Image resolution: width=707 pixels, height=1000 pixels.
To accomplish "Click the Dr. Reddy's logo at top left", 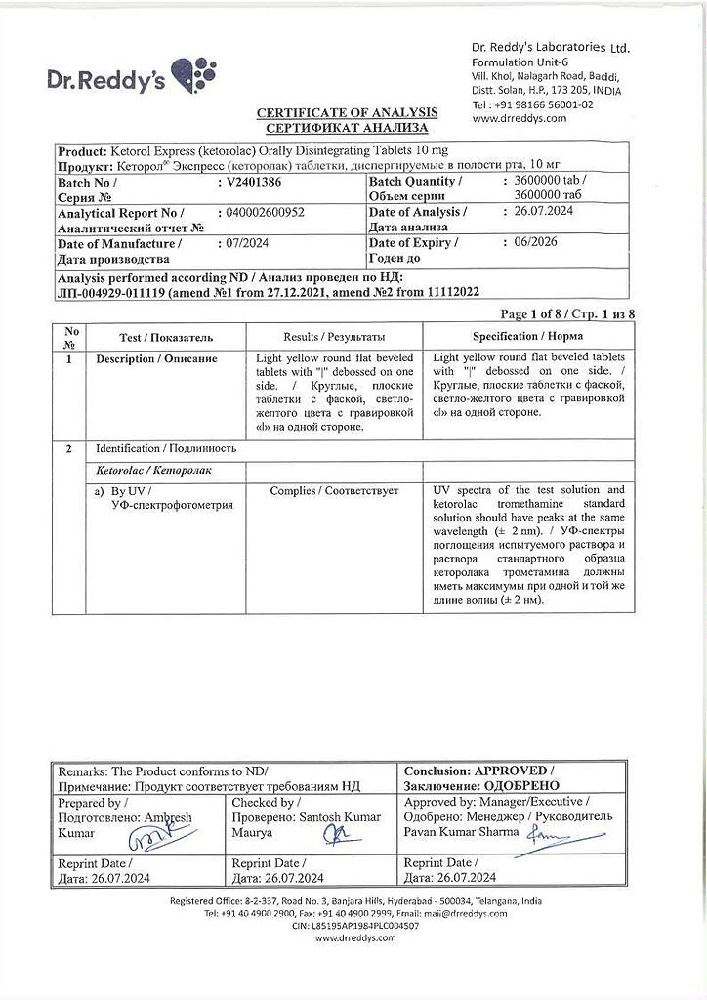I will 131,77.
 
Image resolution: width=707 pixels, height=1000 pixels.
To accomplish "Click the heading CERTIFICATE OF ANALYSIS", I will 347,113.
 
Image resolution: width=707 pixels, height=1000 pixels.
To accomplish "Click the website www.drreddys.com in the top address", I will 519,118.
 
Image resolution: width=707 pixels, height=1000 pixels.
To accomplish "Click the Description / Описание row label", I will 156,359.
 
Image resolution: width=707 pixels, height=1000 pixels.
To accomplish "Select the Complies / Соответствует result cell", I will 334,491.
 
